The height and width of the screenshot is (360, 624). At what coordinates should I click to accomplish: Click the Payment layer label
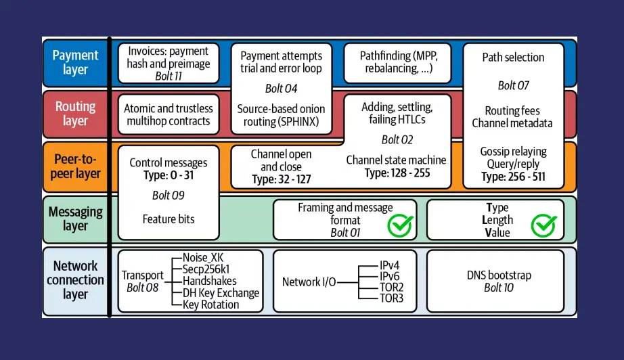[75, 62]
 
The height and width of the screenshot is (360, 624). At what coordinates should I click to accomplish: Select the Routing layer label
[75, 114]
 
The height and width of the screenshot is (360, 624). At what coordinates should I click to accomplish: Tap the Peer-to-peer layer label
[75, 166]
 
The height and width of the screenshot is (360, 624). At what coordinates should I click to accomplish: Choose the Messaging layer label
[75, 219]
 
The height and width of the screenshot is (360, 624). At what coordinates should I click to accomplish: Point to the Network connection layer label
[75, 280]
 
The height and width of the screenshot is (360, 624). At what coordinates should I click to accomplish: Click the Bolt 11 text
[169, 76]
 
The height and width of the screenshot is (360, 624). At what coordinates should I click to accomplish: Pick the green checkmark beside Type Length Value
[543, 225]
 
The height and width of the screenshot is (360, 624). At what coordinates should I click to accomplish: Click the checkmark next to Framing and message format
[400, 225]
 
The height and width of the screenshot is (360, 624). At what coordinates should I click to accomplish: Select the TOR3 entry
[392, 298]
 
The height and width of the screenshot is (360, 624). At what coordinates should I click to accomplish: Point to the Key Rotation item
[210, 305]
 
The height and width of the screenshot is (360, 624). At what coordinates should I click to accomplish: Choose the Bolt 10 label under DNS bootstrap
[499, 288]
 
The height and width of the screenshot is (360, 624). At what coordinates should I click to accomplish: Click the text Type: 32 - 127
[281, 179]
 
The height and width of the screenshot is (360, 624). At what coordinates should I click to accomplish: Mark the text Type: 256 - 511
[514, 177]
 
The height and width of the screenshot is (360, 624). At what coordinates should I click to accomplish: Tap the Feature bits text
[168, 219]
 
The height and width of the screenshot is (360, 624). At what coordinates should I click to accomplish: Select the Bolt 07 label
[513, 85]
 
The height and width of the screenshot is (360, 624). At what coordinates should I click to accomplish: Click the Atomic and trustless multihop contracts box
[169, 115]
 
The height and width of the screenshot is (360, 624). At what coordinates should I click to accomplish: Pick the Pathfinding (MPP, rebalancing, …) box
[396, 63]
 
